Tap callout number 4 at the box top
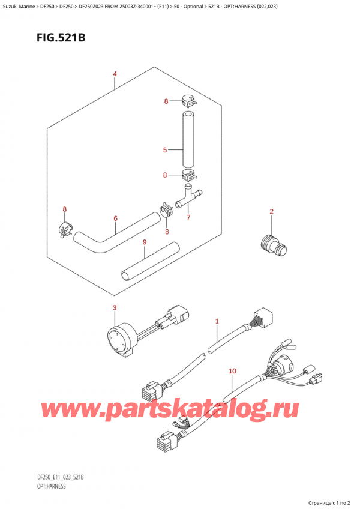(115, 75)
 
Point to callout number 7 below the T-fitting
(187, 217)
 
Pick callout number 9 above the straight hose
(144, 242)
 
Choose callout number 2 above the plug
(271, 211)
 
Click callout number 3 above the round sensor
(115, 309)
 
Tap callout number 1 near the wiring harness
(217, 322)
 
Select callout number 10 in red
(233, 372)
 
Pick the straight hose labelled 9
(151, 261)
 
